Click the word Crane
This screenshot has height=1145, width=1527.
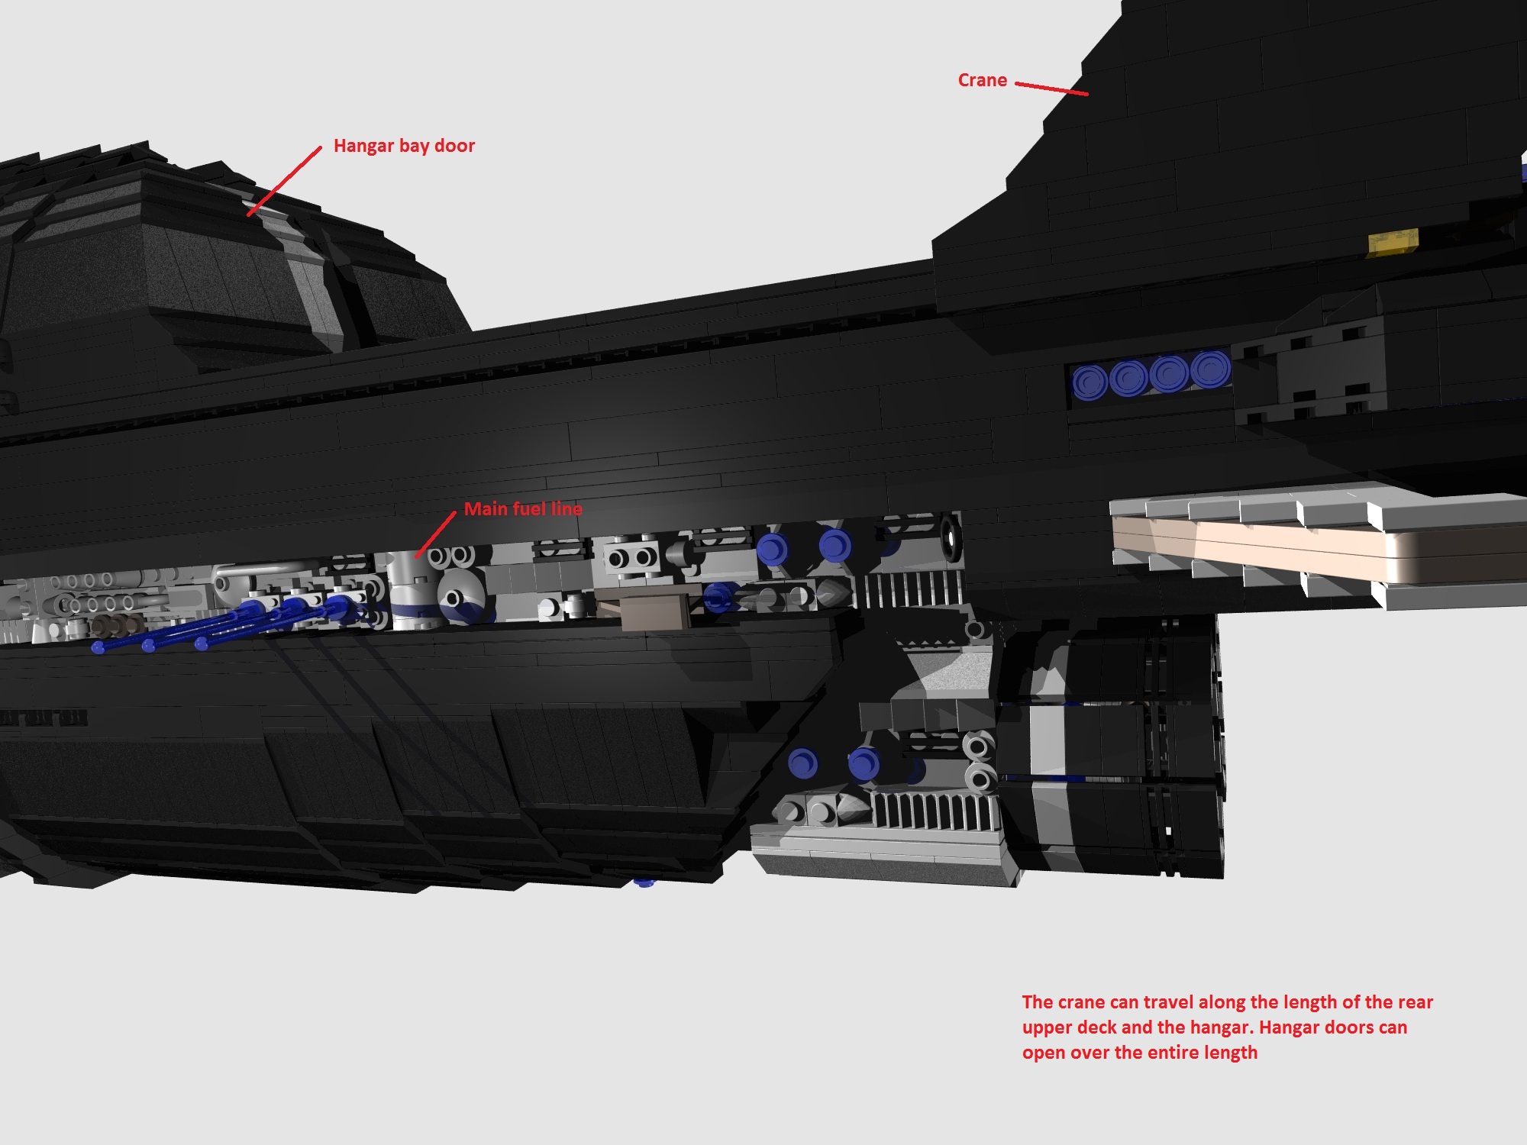982,80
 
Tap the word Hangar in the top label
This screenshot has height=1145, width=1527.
363,146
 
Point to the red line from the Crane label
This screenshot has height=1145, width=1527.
1051,89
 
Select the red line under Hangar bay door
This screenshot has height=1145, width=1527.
284,181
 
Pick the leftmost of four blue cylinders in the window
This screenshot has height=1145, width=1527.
1090,380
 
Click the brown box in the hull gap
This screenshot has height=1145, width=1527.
654,608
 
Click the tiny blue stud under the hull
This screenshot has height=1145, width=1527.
644,883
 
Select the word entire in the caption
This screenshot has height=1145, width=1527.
1170,1053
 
